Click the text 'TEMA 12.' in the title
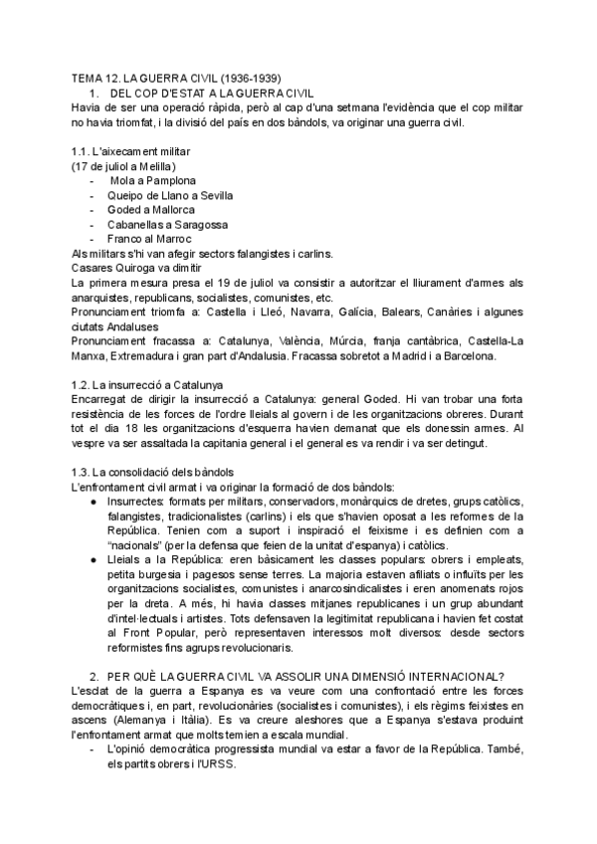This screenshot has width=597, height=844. point(96,77)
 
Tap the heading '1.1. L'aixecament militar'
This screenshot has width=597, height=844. point(131,150)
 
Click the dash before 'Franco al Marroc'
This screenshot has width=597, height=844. point(94,239)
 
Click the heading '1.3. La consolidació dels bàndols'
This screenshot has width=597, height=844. point(150,472)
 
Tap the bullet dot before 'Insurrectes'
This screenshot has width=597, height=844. point(94,502)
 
